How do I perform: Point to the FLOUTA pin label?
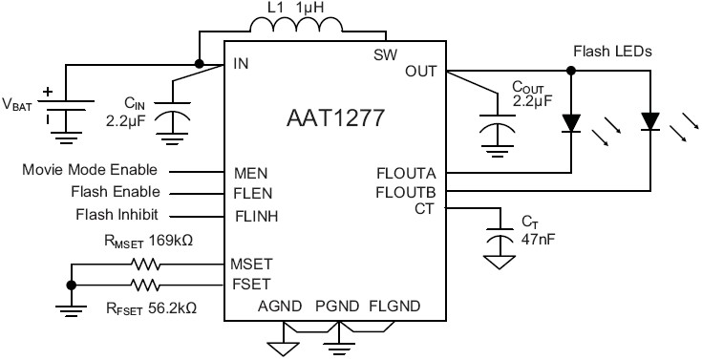pos(407,174)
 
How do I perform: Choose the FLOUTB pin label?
pos(407,192)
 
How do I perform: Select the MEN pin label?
pos(250,174)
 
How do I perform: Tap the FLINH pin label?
pos(256,215)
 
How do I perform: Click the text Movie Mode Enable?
pos(89,170)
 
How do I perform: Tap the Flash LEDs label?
pos(612,51)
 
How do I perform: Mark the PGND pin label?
pos(336,307)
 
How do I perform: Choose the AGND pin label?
pos(280,307)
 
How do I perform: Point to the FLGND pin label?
pos(394,307)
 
